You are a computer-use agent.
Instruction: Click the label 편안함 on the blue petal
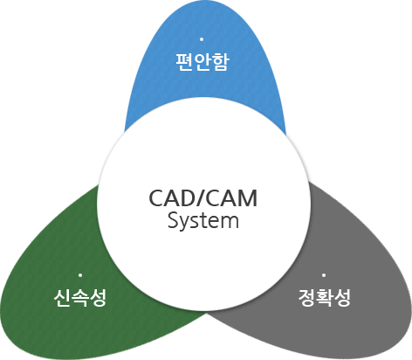coord(203,62)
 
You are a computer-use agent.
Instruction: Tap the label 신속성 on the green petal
coord(80,298)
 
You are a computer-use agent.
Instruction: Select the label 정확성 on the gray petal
coord(325,298)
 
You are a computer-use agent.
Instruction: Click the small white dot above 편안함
coord(202,39)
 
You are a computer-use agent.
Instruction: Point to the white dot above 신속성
coord(80,275)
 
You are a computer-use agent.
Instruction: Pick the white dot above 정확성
coord(324,275)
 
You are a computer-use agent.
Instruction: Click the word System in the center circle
coord(203,221)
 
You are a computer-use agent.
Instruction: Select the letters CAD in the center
coord(173,198)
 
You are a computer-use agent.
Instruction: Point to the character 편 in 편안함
coord(183,62)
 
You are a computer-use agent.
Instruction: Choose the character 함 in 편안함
coord(221,62)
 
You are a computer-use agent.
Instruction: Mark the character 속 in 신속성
coord(79,298)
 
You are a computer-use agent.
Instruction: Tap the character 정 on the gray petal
coord(306,298)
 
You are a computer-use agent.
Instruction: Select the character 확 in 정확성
coord(325,298)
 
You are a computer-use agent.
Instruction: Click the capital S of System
coord(173,220)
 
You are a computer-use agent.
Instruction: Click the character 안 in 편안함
coord(203,62)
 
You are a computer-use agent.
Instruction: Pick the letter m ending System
coord(230,222)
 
